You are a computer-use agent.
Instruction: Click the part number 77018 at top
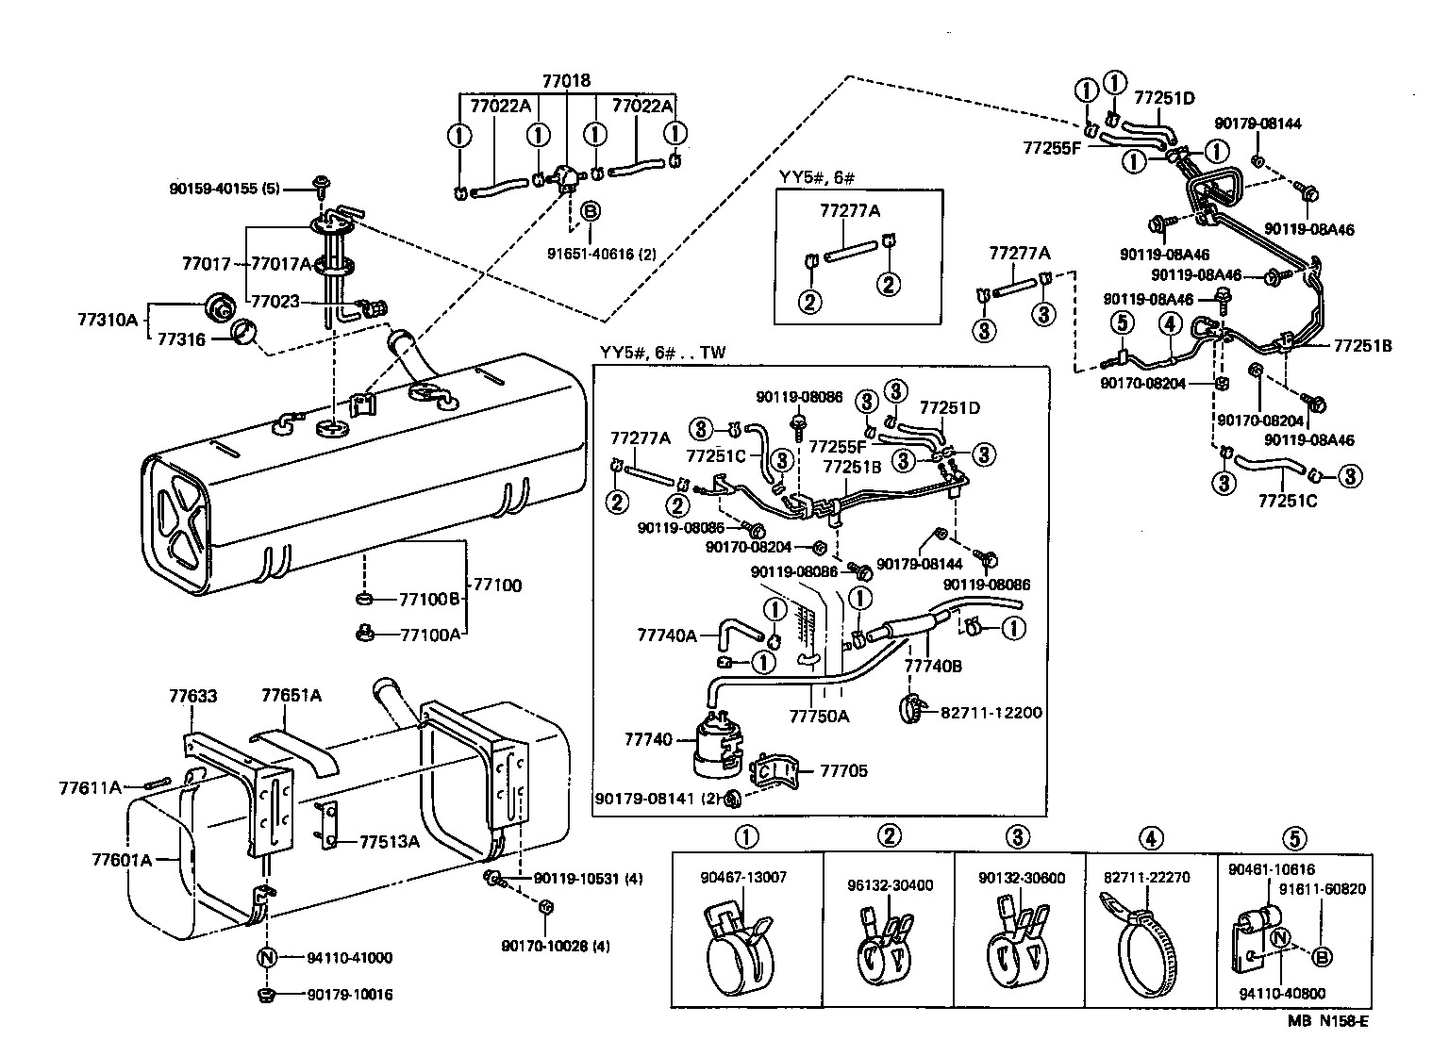click(566, 81)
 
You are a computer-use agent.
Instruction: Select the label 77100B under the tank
click(428, 600)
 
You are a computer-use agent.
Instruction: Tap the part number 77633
click(192, 697)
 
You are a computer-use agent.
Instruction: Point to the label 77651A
click(291, 696)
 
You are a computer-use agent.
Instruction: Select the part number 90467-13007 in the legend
click(743, 877)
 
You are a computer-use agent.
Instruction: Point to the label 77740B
click(933, 666)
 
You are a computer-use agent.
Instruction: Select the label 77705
click(843, 770)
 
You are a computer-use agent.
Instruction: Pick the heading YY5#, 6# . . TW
click(662, 352)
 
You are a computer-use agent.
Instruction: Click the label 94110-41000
click(349, 958)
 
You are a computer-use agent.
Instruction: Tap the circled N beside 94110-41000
click(265, 958)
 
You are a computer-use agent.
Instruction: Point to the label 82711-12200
click(991, 712)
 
